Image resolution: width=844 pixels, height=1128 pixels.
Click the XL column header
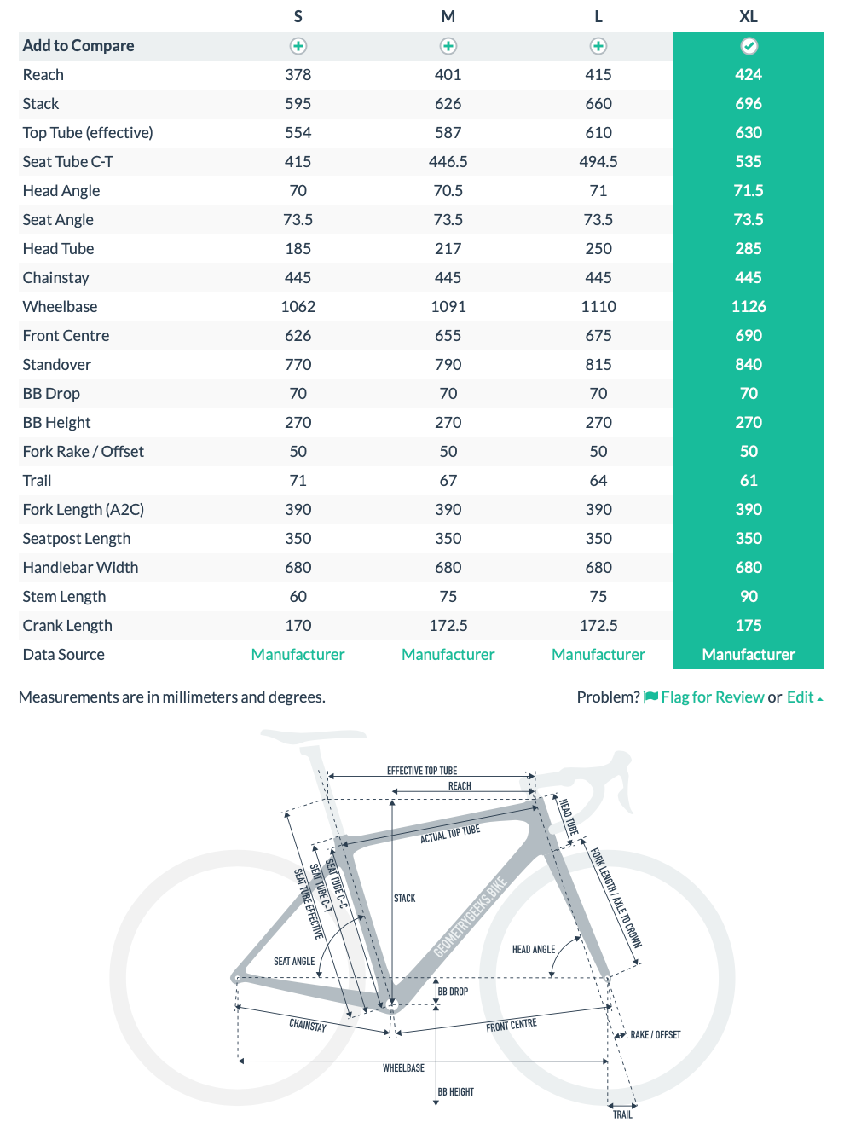[748, 17]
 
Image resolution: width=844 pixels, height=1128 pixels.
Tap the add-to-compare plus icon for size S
[298, 46]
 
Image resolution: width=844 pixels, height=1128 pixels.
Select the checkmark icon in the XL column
[749, 46]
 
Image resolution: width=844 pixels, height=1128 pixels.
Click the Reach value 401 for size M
[448, 75]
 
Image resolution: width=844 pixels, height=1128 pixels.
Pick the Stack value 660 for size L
[598, 104]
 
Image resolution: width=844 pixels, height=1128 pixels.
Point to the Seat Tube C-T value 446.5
[448, 162]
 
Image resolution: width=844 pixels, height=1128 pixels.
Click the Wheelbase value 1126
[748, 307]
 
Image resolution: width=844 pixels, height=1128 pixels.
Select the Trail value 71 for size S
[298, 481]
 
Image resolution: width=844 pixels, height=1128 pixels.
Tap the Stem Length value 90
[748, 597]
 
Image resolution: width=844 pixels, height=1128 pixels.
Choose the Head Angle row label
[61, 191]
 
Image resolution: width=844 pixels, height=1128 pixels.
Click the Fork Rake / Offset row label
[84, 452]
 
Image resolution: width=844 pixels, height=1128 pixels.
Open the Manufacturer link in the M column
[448, 655]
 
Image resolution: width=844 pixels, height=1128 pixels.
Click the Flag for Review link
[712, 697]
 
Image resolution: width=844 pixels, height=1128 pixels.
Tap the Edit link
[801, 697]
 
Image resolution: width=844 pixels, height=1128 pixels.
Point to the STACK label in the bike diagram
[405, 899]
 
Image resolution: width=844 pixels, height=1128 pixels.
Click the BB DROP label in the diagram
[453, 992]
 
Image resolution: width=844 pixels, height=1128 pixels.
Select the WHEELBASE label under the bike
[403, 1068]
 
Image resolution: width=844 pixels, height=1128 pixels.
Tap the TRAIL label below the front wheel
[622, 1114]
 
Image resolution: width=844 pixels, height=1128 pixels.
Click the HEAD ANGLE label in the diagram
[534, 949]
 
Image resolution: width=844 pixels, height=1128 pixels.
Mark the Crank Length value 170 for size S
[298, 626]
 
